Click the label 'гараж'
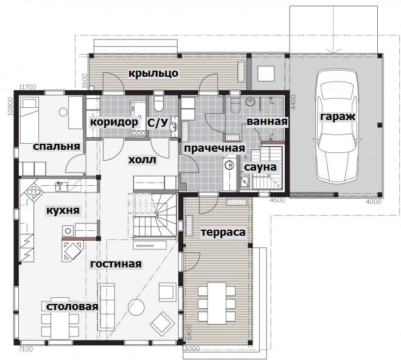[338, 117]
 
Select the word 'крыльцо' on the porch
[153, 73]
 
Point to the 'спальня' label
[57, 146]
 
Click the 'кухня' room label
[63, 211]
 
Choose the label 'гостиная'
[116, 264]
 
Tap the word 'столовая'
[72, 306]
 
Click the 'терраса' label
[223, 232]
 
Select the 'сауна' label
[260, 167]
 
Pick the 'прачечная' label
[214, 148]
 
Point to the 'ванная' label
[267, 121]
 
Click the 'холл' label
[142, 160]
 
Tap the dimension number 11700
[28, 86]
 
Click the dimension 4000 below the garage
[374, 202]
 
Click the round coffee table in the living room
[136, 307]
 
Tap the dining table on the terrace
[217, 303]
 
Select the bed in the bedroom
[29, 121]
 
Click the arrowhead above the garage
[333, 51]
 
